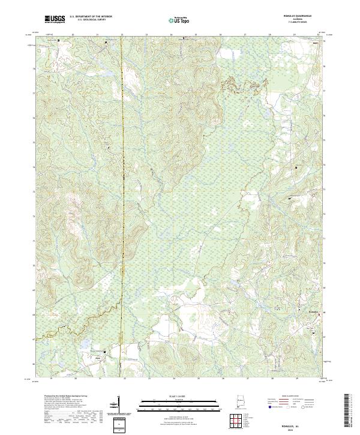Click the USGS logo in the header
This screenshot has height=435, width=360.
click(55, 20)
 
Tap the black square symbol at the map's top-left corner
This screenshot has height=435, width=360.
click(59, 40)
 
